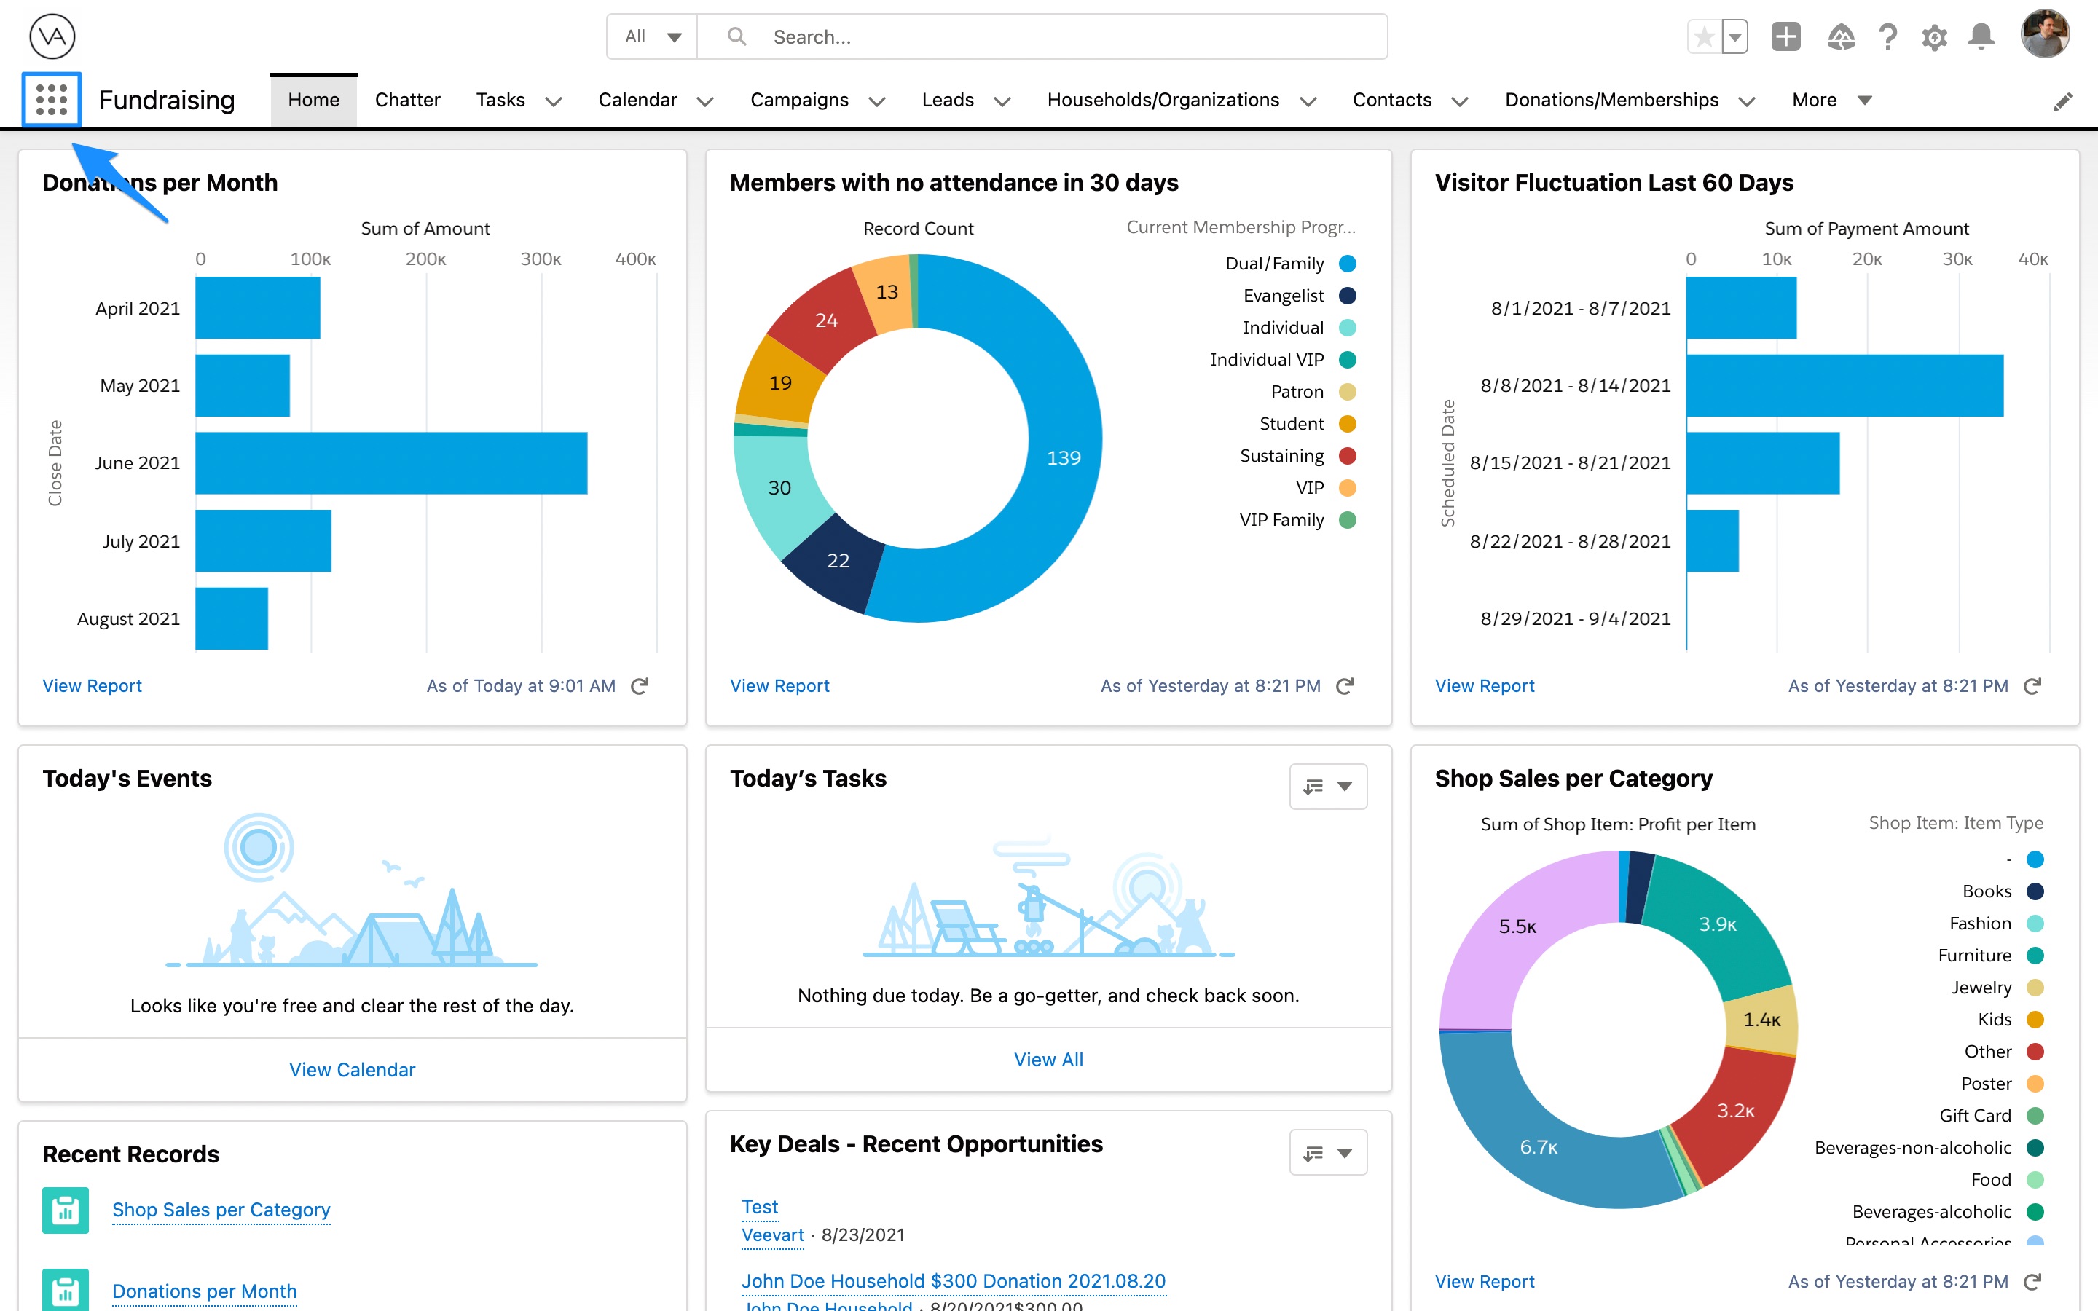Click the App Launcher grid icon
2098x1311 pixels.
[51, 100]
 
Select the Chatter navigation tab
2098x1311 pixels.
[406, 100]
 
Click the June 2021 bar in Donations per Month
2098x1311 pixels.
[391, 463]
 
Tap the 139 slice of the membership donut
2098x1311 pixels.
[1063, 458]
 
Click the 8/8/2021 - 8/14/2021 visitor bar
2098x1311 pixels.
[1844, 385]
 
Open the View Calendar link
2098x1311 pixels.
[352, 1069]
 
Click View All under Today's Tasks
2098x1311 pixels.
[1048, 1059]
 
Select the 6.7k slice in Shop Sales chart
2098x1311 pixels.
[1538, 1146]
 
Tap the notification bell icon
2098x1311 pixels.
[1981, 37]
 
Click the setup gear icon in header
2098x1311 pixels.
[1934, 37]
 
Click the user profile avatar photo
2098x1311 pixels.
[2044, 36]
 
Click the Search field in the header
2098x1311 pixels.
[1040, 36]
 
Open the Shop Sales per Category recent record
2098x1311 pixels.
[221, 1209]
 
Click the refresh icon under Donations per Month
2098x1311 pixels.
[640, 686]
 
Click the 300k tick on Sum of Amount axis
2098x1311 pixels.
[541, 259]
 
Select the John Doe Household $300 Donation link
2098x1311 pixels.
[953, 1280]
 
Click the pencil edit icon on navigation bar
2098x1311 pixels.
[2062, 101]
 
